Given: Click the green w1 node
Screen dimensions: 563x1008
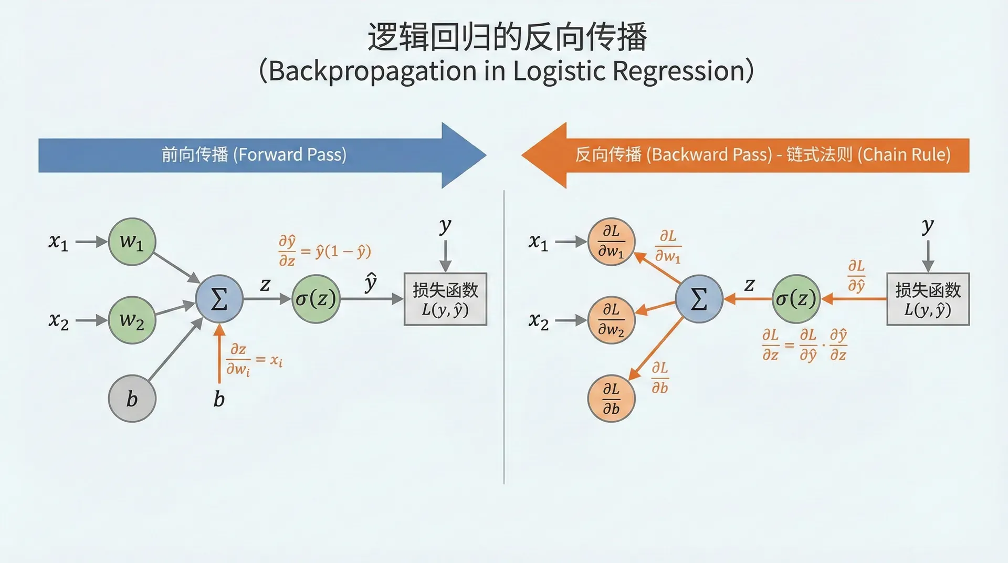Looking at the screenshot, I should tap(132, 242).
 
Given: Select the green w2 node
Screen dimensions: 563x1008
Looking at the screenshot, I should tap(132, 320).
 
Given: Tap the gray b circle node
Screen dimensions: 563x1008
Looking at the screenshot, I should tap(132, 399).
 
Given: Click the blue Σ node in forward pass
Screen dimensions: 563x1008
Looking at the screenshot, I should tap(219, 299).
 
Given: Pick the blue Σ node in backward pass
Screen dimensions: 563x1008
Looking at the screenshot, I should tap(699, 299).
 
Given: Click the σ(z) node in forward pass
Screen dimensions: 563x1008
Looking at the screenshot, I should tap(316, 299).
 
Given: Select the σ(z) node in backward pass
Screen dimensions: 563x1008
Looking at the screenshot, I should tap(796, 299).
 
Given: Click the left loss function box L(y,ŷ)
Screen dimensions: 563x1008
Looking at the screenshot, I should tap(445, 299).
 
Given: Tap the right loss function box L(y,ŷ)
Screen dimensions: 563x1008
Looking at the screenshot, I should tap(928, 299).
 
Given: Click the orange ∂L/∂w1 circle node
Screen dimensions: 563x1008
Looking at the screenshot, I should tap(611, 242).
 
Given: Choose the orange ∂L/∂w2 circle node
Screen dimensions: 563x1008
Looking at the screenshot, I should tap(611, 320).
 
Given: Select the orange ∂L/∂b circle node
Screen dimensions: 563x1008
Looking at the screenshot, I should tap(611, 399).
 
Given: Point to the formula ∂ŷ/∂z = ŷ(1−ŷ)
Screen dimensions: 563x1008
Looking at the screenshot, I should tap(324, 251).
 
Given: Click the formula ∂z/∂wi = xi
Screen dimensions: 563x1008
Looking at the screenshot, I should tap(254, 360).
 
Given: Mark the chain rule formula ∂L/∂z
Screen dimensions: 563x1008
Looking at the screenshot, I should tap(804, 345).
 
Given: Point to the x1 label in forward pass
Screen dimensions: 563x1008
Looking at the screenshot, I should tap(58, 242).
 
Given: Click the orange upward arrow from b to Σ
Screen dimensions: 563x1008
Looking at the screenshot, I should tap(219, 355).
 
